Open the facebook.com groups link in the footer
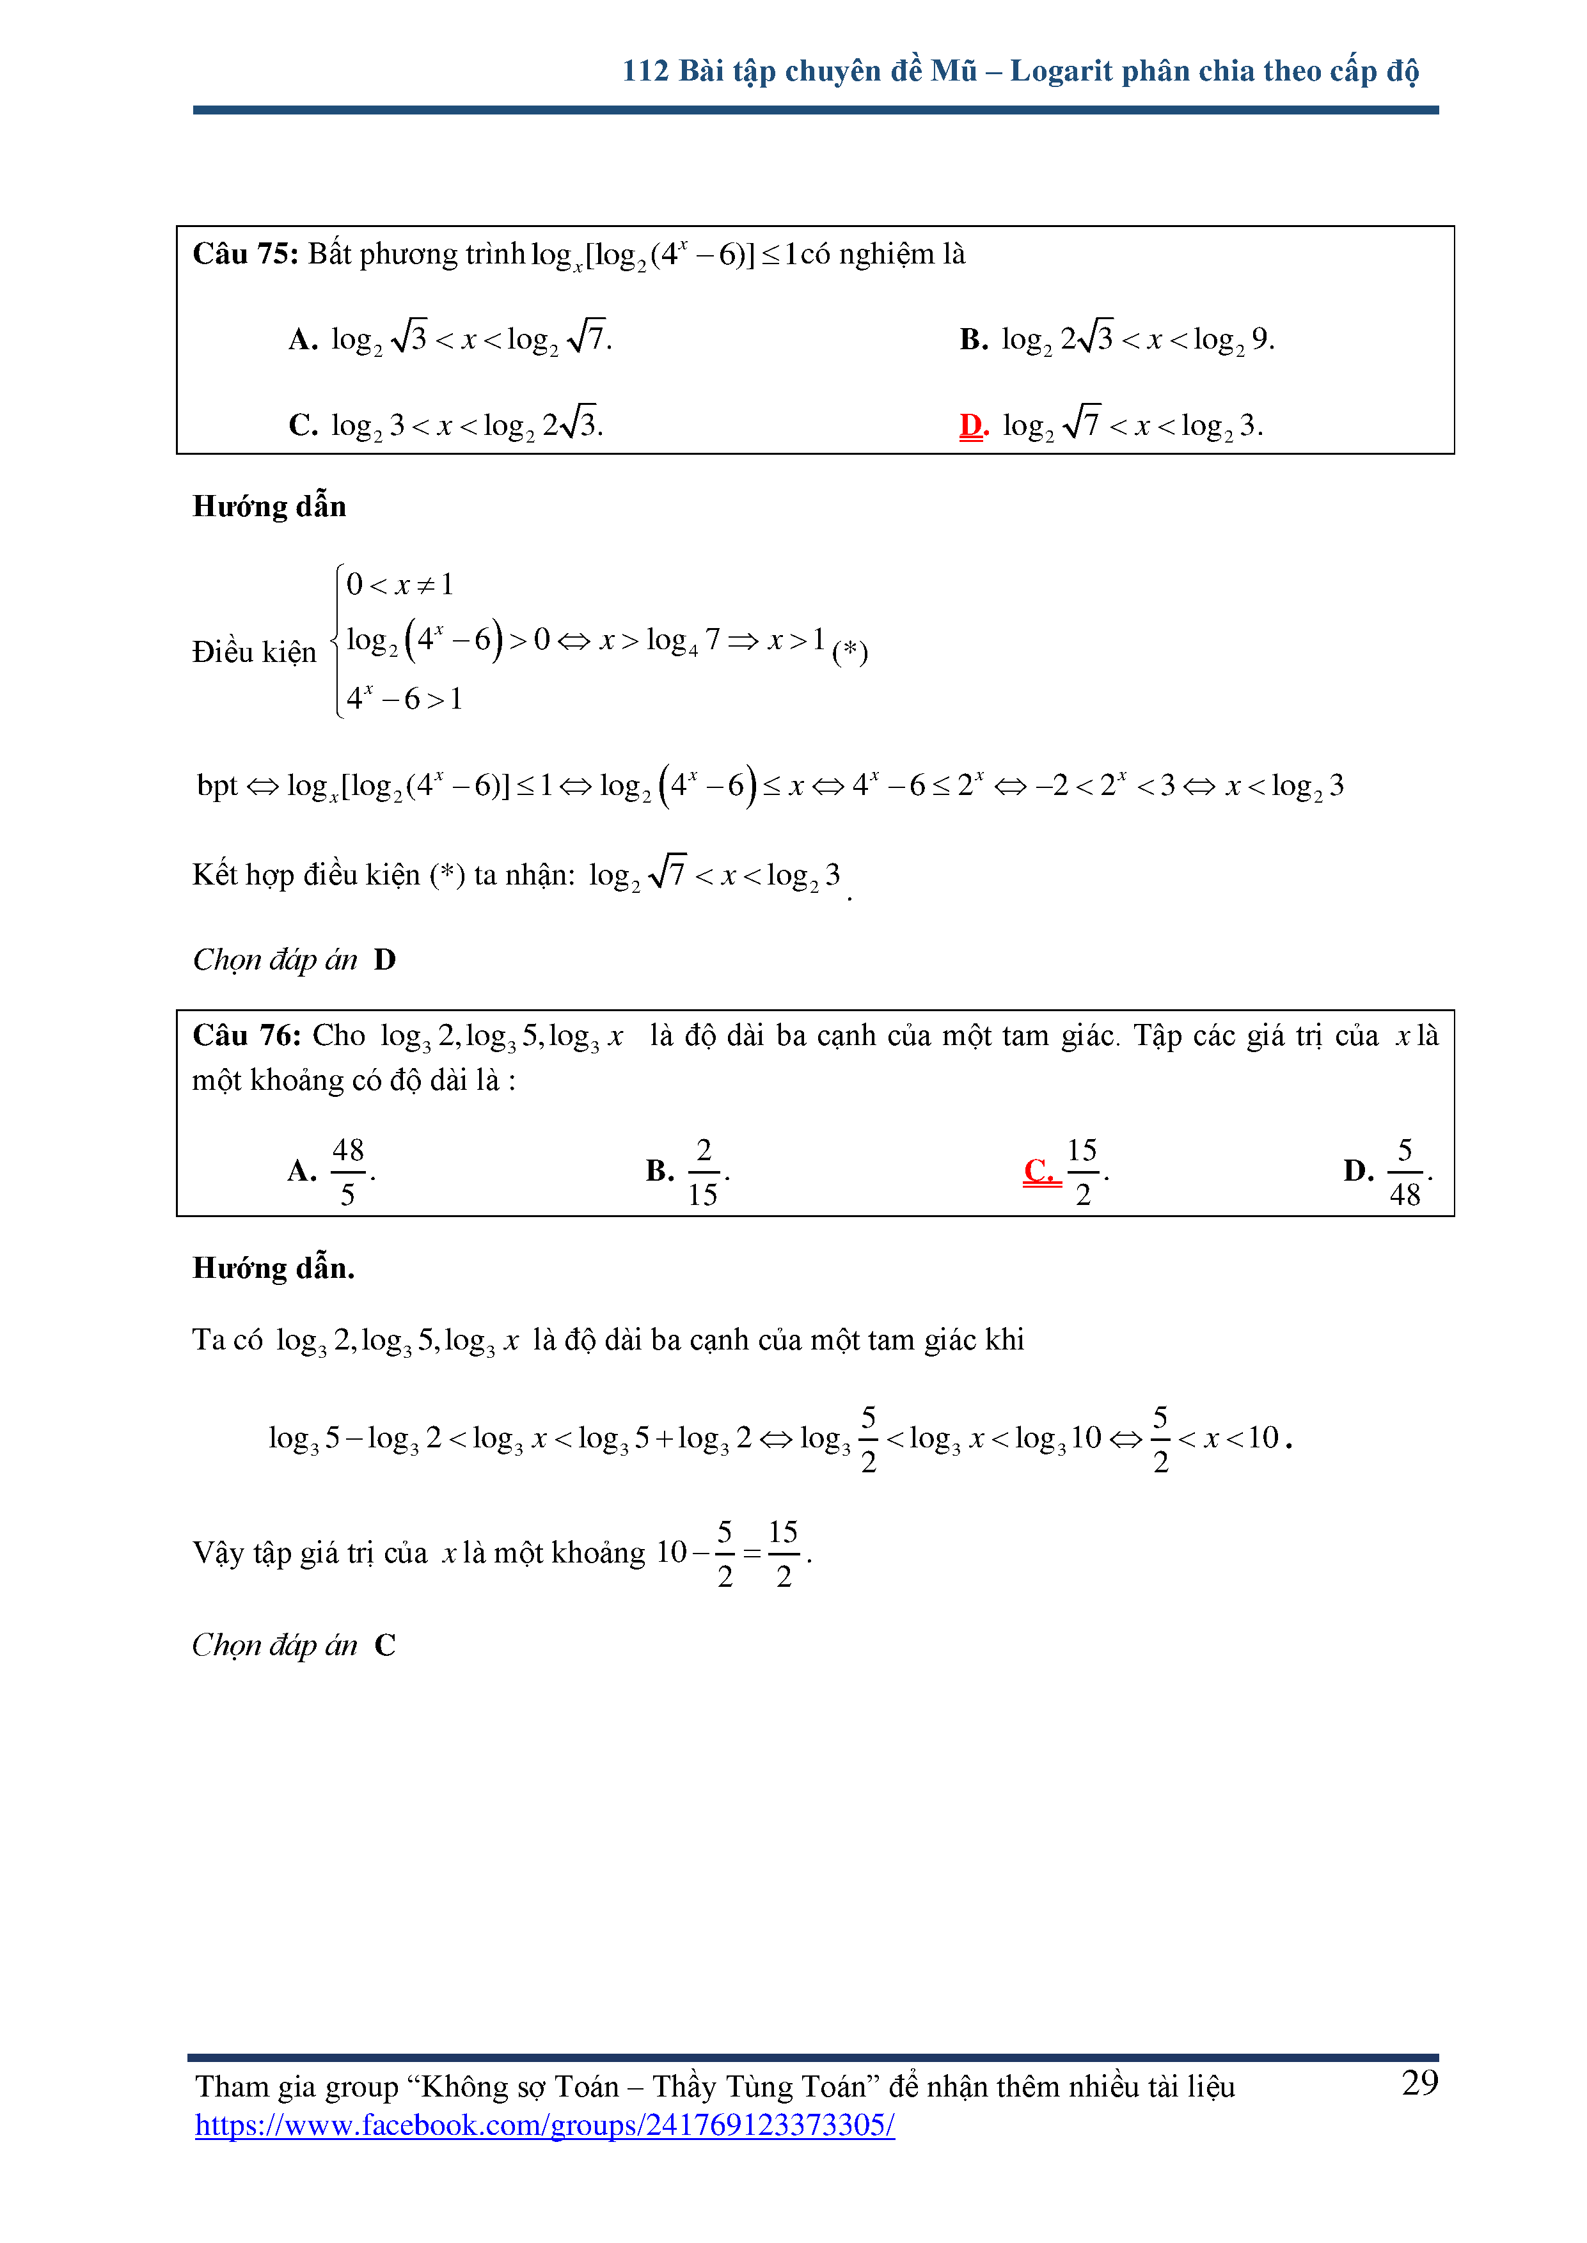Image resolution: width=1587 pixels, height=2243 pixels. (x=544, y=2125)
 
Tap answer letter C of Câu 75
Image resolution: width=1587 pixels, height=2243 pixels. (x=302, y=425)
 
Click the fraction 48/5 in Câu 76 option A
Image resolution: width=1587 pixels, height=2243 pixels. (x=348, y=1171)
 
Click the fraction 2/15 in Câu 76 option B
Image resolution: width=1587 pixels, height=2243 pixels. (x=704, y=1171)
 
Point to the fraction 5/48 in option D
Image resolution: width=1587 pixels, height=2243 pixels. (x=1404, y=1171)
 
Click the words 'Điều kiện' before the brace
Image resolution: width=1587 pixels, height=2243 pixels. (x=254, y=652)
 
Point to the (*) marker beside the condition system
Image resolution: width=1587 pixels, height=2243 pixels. (x=849, y=652)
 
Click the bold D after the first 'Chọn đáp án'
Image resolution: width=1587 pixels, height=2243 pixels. (x=385, y=960)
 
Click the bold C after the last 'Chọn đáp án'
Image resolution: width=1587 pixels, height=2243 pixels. (x=385, y=1645)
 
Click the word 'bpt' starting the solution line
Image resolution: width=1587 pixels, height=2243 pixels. (x=217, y=785)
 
